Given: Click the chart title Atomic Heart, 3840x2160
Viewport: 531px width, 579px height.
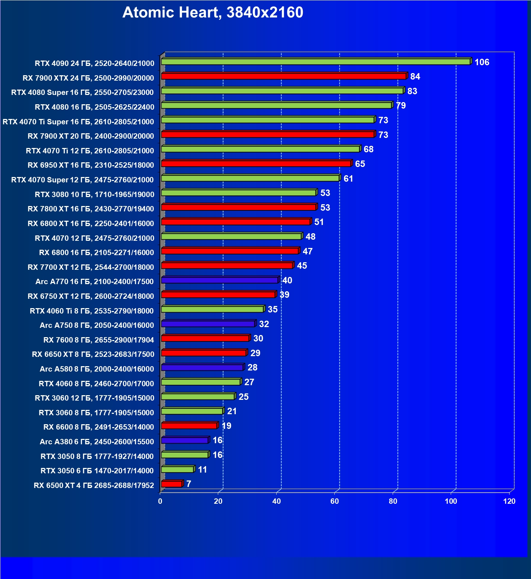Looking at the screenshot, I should (213, 13).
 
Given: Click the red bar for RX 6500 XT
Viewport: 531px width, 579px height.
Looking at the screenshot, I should (172, 484).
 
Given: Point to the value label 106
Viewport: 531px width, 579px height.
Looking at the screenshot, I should (482, 62).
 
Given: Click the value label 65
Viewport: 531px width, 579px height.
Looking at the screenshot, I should (360, 164).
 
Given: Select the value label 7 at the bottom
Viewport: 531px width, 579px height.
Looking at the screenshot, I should (189, 484).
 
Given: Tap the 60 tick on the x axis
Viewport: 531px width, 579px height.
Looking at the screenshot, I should (335, 501).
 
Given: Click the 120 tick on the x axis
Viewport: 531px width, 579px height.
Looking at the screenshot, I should (509, 501).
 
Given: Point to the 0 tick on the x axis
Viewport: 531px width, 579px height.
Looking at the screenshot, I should (160, 501).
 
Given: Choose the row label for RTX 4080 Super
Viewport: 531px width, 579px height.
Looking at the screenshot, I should (82, 92).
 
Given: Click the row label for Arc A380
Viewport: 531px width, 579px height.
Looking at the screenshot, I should (97, 442).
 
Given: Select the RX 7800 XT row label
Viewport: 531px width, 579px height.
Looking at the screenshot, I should (91, 209).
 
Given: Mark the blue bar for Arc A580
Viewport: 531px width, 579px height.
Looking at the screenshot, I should (202, 367).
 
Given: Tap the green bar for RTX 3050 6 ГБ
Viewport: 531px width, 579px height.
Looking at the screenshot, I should (177, 469).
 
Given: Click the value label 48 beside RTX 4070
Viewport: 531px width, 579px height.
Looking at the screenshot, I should (310, 237).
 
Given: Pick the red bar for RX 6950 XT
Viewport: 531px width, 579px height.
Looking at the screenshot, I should (256, 164).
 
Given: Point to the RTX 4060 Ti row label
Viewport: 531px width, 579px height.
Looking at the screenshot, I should (92, 311).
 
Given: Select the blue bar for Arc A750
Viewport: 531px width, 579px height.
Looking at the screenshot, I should (208, 324).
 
